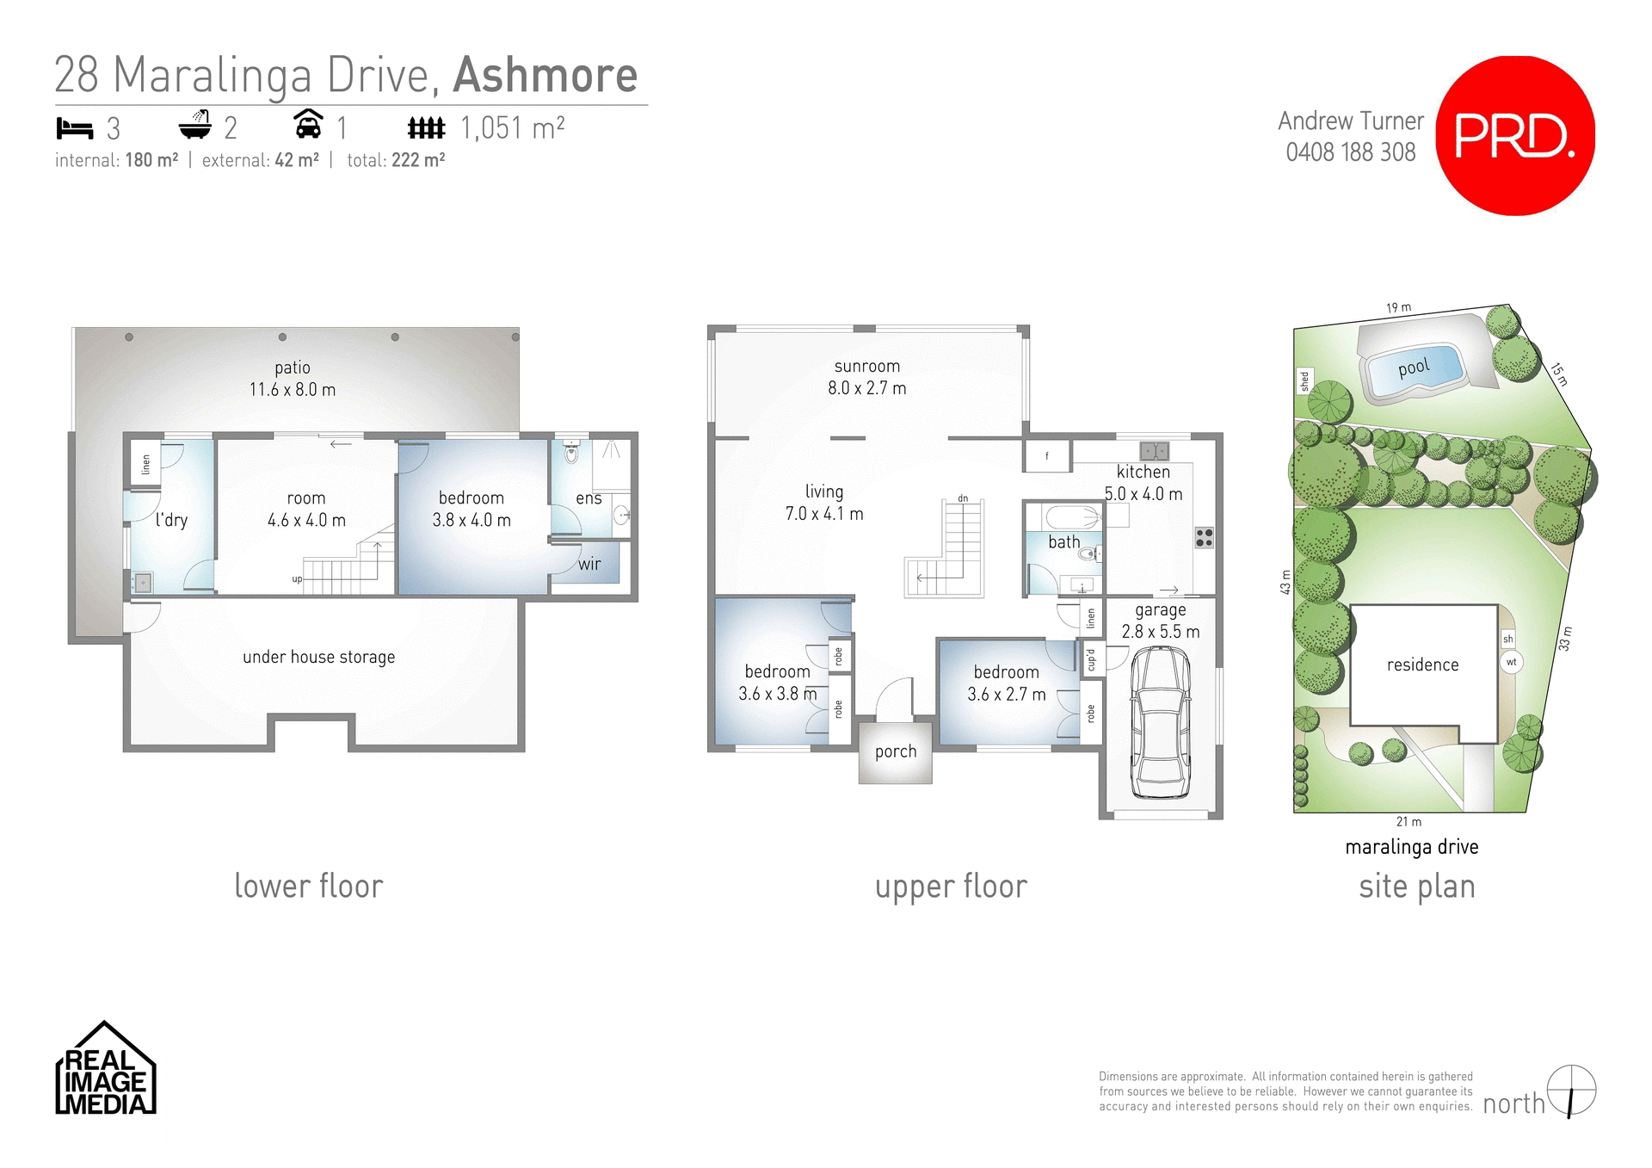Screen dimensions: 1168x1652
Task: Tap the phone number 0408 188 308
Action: (x=1350, y=152)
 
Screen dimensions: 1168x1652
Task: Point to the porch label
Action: (x=895, y=751)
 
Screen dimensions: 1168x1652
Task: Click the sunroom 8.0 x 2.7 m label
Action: (x=866, y=377)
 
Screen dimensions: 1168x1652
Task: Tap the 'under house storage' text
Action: (x=318, y=657)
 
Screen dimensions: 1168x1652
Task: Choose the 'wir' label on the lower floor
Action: (x=589, y=565)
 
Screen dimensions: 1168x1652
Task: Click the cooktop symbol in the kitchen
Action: (x=1204, y=538)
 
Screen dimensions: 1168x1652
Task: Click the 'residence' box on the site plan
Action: (x=1422, y=665)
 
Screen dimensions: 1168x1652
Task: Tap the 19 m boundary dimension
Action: (x=1398, y=307)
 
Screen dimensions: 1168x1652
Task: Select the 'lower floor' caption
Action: (x=308, y=886)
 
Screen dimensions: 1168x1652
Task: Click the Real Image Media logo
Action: (x=105, y=1070)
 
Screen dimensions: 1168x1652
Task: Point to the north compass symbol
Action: (x=1571, y=1091)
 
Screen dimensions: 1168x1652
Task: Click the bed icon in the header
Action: (x=74, y=128)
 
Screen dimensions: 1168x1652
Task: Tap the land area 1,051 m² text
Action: (x=512, y=128)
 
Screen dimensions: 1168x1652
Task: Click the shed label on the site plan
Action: (x=1304, y=380)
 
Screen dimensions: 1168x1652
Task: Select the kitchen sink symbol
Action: (x=1154, y=451)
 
